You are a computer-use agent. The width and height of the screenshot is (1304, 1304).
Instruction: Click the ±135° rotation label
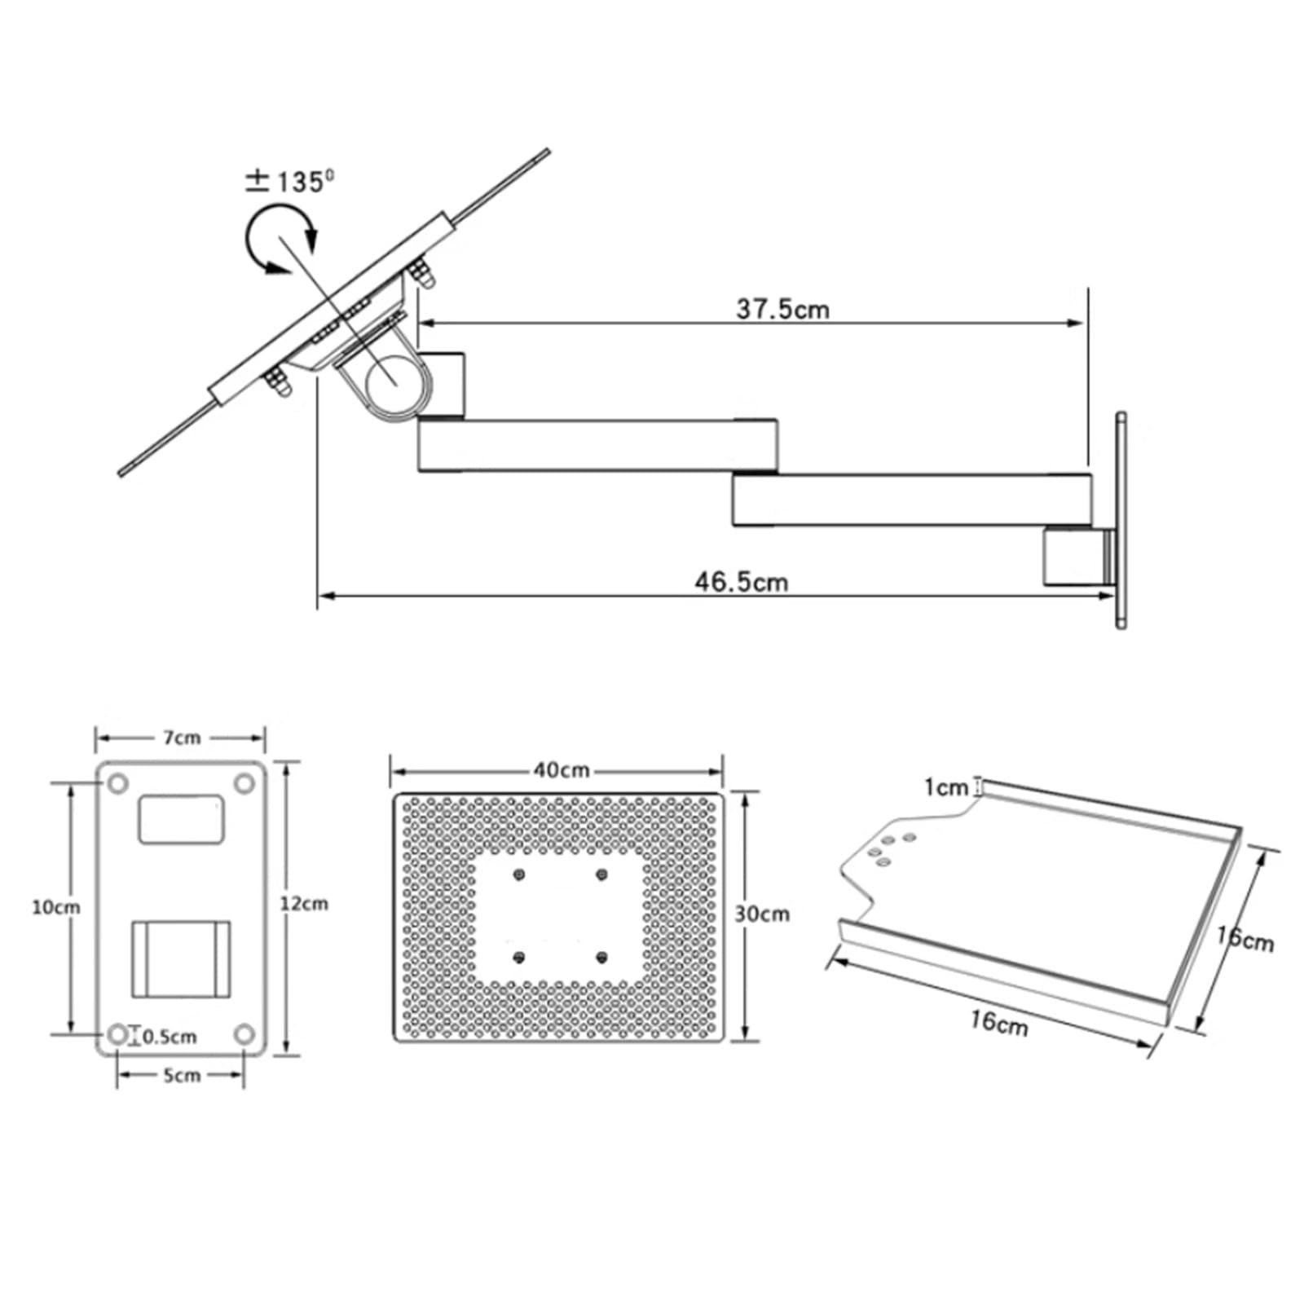[289, 181]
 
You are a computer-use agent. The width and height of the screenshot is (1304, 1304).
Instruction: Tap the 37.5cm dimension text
[782, 309]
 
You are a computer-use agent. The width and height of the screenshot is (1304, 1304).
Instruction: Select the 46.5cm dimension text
[741, 582]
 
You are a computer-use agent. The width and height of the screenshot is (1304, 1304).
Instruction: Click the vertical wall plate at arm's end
[1121, 520]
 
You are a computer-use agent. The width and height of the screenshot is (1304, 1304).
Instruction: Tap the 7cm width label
[182, 738]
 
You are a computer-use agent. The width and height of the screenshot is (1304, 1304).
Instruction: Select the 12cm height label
[304, 903]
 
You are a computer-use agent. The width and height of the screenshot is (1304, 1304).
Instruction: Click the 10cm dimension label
[56, 906]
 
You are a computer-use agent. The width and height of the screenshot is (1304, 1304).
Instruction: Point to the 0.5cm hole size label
[170, 1037]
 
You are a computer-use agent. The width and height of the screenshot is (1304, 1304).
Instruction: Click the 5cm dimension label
[181, 1076]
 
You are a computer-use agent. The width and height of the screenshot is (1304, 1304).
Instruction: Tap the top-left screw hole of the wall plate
[118, 784]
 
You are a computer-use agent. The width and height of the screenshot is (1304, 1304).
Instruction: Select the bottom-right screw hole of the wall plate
[244, 1034]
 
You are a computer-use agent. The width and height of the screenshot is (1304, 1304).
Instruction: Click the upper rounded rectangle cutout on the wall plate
[181, 819]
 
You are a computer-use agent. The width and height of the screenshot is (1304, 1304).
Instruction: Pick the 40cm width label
[562, 769]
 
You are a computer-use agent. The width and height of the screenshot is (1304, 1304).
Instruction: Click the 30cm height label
[762, 914]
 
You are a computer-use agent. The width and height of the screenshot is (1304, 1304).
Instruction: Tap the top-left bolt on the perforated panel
[519, 875]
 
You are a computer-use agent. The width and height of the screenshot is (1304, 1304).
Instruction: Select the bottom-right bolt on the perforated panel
[601, 957]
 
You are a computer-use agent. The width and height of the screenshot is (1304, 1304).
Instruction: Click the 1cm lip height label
[945, 787]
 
